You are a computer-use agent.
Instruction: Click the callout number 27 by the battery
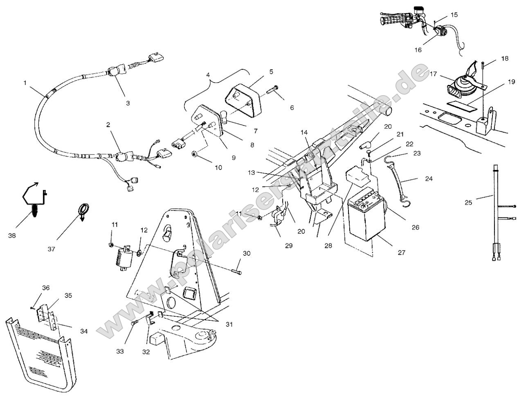401,253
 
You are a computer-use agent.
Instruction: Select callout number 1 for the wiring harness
25,83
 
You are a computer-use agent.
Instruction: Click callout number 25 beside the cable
469,202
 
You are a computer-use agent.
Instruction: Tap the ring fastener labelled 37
84,210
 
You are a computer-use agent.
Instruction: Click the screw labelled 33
134,323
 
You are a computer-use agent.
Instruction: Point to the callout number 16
418,50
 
